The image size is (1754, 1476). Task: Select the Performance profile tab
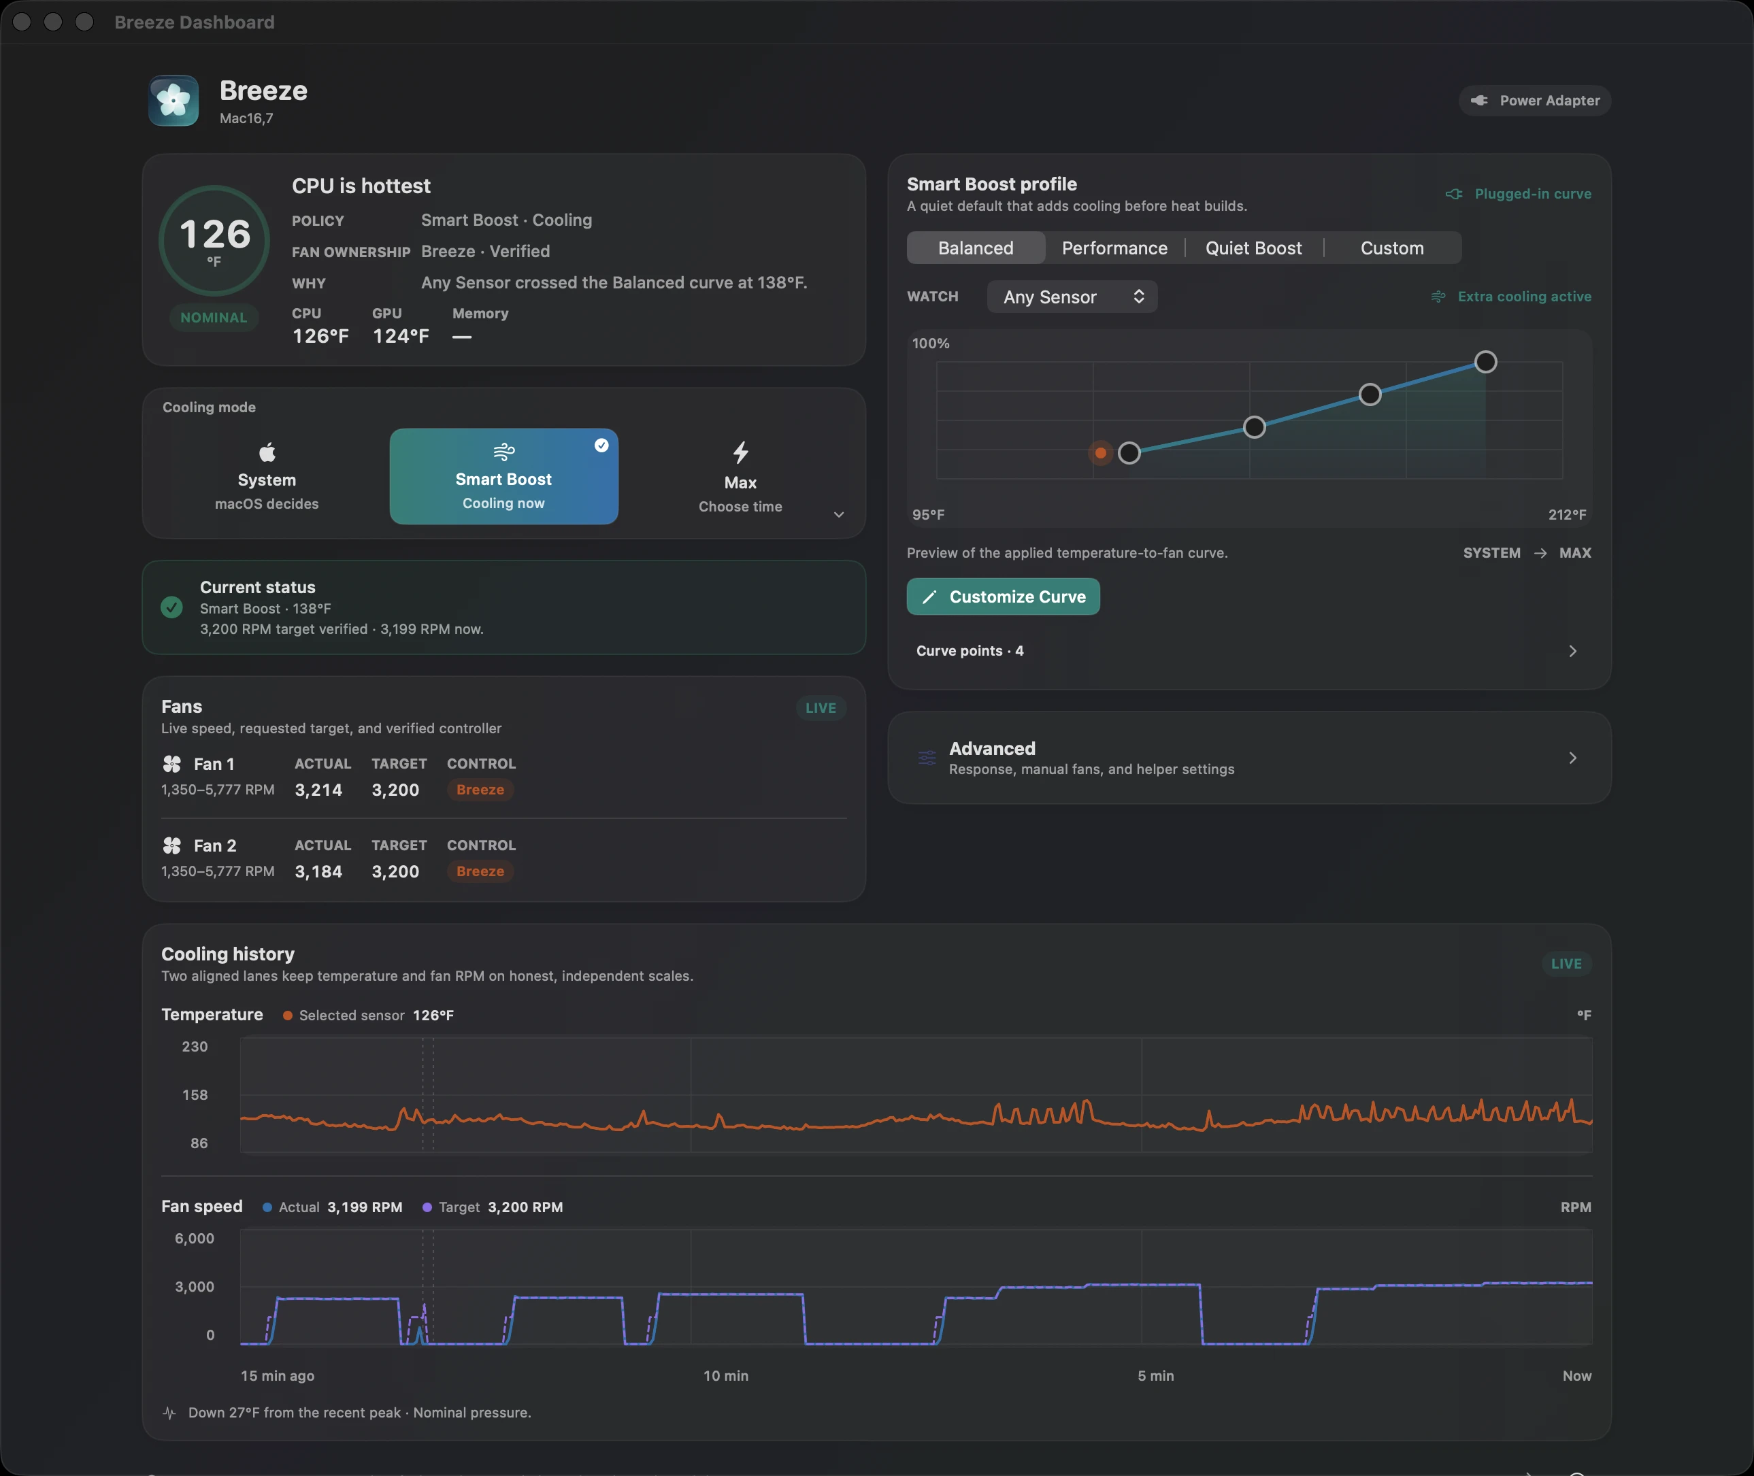[x=1114, y=248]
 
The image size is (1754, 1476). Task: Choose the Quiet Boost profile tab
[x=1253, y=248]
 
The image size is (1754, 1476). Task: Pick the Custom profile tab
[x=1391, y=248]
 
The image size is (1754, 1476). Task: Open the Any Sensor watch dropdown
[x=1072, y=297]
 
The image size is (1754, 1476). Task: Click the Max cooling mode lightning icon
[x=741, y=453]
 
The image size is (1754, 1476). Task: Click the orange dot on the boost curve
[x=1100, y=454]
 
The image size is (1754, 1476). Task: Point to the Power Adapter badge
[x=1535, y=101]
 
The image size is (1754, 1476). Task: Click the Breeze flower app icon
[x=173, y=101]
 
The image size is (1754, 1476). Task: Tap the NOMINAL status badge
[x=214, y=318]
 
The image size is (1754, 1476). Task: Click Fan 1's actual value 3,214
[x=319, y=790]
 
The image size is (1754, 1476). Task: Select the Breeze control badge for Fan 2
[x=480, y=871]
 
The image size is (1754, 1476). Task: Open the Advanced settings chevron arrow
[x=1572, y=758]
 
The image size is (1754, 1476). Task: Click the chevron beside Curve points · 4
[x=1572, y=651]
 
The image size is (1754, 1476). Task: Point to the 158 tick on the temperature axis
[x=195, y=1094]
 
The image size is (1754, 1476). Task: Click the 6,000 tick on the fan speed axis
[x=194, y=1239]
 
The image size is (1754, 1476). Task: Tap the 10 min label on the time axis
[x=725, y=1375]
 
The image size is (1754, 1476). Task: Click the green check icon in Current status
[x=171, y=607]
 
